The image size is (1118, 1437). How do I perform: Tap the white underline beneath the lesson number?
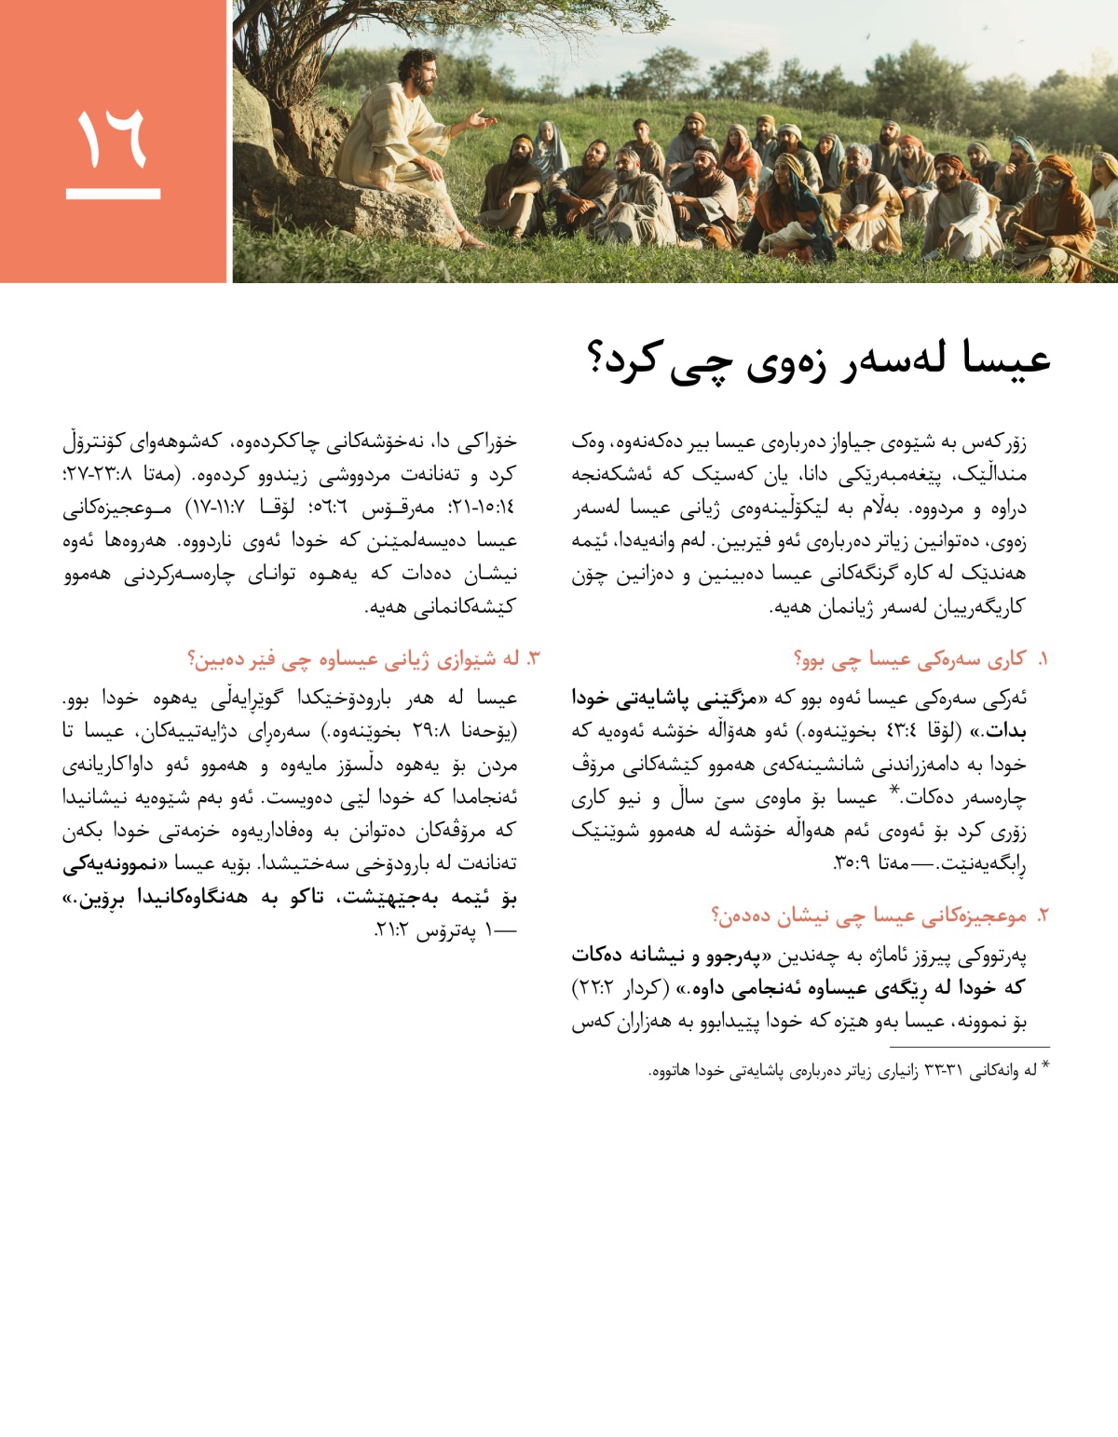[113, 194]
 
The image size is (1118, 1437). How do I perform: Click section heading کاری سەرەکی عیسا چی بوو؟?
[908, 659]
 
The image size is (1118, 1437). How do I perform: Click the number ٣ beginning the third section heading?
[533, 659]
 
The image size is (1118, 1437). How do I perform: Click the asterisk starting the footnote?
[1045, 1067]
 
